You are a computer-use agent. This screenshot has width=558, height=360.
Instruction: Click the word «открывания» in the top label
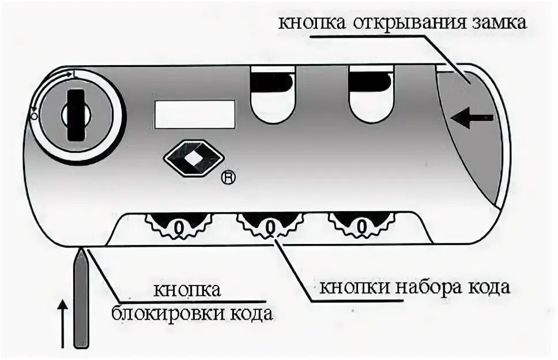pos(403,24)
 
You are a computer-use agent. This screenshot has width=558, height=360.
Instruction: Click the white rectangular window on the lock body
pos(194,114)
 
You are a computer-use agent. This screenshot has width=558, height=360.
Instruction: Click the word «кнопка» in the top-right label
pos(312,24)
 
